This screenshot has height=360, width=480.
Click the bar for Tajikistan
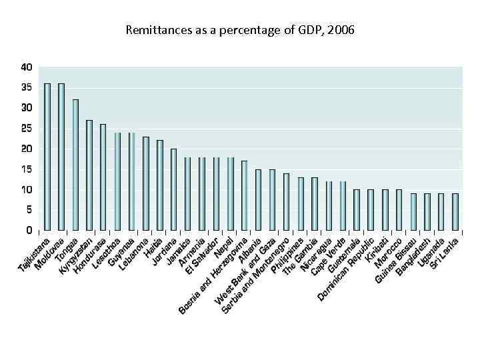coord(47,157)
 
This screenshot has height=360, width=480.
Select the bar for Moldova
coord(61,157)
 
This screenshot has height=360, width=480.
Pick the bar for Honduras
coord(103,177)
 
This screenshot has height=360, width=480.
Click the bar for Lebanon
coord(146,183)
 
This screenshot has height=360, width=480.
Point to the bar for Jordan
coord(174,189)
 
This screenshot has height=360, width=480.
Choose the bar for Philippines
coord(301,203)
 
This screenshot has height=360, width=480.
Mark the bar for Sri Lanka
coord(455,212)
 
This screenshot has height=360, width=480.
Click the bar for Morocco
coord(399,210)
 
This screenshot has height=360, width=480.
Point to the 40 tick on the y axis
coord(26,67)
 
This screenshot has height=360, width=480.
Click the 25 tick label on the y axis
coord(26,129)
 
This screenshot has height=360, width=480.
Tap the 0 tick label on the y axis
coord(29,230)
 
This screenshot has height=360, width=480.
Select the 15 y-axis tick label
coord(26,169)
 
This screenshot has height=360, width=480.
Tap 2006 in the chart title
coord(341,30)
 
